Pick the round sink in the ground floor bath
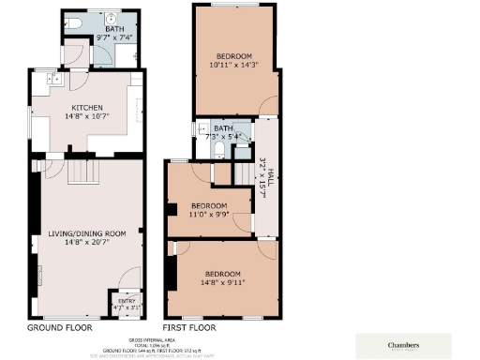point(111,18)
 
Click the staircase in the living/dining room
point(80,172)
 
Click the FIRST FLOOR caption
point(189,328)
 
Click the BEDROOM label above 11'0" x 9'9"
point(209,205)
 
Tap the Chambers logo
point(402,343)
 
